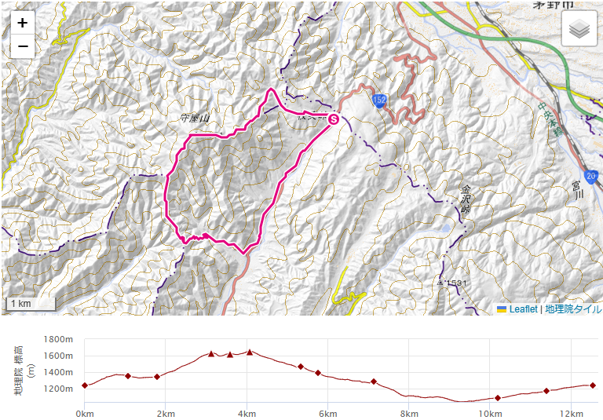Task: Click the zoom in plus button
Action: [23, 23]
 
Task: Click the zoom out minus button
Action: [23, 46]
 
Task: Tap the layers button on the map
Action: [579, 30]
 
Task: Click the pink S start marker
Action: [333, 119]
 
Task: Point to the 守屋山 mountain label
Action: [196, 119]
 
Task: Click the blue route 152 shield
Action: [380, 100]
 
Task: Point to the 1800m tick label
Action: [59, 339]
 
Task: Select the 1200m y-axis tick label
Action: [59, 387]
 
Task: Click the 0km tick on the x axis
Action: [85, 413]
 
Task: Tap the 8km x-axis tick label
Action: [408, 413]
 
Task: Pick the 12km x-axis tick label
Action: [571, 413]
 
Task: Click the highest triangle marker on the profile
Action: [250, 352]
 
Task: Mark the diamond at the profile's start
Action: [85, 385]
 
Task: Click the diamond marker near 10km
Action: [498, 398]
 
